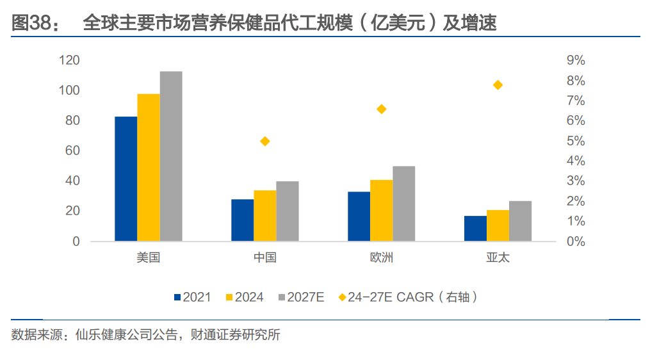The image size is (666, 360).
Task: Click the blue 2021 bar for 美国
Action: pyautogui.click(x=126, y=179)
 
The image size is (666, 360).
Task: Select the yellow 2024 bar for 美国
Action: pyautogui.click(x=149, y=167)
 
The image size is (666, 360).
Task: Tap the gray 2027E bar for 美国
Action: pyautogui.click(x=171, y=156)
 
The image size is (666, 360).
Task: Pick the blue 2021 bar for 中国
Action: pyautogui.click(x=243, y=220)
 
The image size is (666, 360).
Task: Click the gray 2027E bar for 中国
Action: pyautogui.click(x=288, y=211)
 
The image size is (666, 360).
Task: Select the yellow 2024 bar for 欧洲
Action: pyautogui.click(x=382, y=211)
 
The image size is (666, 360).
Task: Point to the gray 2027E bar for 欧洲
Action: pyautogui.click(x=404, y=204)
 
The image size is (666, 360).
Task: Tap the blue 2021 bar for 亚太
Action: pyautogui.click(x=475, y=229)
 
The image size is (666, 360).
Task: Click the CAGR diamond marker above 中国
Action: pyautogui.click(x=265, y=142)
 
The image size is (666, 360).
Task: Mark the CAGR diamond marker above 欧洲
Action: pyautogui.click(x=382, y=109)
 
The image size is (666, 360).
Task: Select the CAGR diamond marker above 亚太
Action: pyautogui.click(x=498, y=85)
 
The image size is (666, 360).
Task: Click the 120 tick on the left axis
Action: pyautogui.click(x=69, y=60)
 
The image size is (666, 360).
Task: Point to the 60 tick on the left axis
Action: pyautogui.click(x=72, y=151)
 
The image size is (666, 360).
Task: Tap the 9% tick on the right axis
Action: pyautogui.click(x=576, y=60)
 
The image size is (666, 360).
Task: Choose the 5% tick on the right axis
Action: pyautogui.click(x=576, y=141)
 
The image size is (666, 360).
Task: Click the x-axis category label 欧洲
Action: pyautogui.click(x=382, y=258)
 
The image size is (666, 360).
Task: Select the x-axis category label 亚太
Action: pyautogui.click(x=498, y=258)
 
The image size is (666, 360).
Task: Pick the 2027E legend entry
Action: pyautogui.click(x=301, y=297)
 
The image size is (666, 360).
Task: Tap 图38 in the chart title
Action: pyautogui.click(x=31, y=24)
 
